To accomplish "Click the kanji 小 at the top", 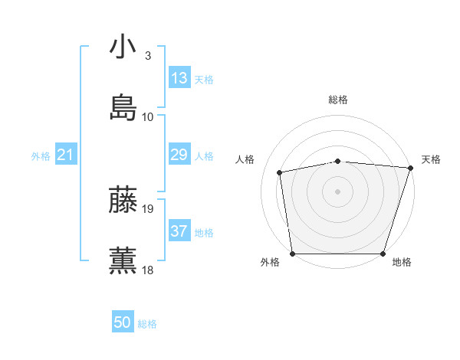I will tap(123, 47).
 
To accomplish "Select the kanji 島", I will tap(123, 107).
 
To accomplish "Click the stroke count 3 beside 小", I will tap(148, 56).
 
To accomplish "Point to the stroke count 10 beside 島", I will tap(148, 116).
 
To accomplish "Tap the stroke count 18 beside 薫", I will tap(148, 270).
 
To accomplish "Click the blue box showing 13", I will tap(179, 78).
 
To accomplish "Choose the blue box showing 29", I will tap(179, 155).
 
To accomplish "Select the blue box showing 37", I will tap(179, 231).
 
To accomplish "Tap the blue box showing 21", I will tap(65, 155).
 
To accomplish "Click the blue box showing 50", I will tap(123, 323).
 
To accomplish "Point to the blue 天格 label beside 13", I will tap(203, 80).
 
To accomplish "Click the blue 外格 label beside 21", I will tap(41, 156).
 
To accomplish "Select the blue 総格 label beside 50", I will tap(147, 324).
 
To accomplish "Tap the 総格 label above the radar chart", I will tap(338, 100).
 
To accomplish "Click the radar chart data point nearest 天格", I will tap(410, 168).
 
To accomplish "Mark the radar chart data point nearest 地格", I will tap(383, 254).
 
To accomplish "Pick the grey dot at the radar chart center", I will tap(338, 191).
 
